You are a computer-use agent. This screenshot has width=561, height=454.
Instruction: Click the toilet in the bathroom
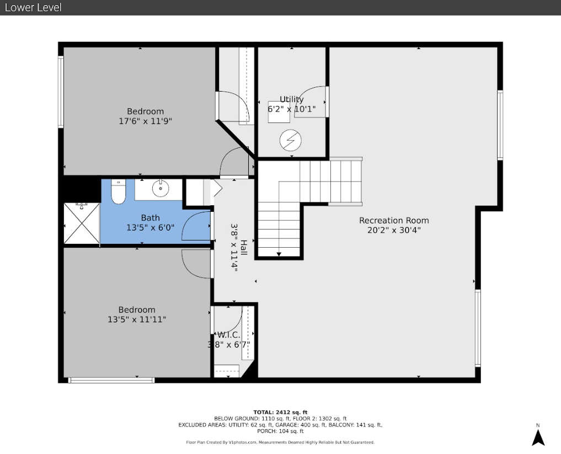click(118, 192)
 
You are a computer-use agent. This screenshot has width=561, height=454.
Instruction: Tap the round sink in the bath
click(161, 189)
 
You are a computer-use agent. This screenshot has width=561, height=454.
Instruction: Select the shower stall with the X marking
click(82, 223)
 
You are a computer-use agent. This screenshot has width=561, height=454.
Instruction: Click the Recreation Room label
click(394, 221)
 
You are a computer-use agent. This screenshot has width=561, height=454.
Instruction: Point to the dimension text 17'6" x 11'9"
click(145, 121)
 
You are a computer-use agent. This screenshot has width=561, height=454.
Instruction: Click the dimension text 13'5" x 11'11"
click(137, 319)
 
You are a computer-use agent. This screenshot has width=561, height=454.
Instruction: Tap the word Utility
click(292, 99)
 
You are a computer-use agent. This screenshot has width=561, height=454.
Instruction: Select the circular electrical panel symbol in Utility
click(291, 140)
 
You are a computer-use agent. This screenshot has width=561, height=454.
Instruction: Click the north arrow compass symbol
click(538, 437)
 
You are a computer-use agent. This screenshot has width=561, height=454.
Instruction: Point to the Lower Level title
click(33, 8)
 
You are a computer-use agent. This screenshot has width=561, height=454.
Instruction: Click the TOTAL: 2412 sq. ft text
click(280, 412)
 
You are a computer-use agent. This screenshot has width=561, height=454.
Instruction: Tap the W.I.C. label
click(228, 335)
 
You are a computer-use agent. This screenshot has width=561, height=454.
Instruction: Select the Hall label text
click(243, 248)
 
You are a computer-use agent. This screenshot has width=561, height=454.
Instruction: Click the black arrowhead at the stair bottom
click(279, 254)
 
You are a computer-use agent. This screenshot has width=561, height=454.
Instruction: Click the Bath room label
click(150, 218)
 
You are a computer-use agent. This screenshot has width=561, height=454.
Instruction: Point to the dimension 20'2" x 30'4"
click(394, 230)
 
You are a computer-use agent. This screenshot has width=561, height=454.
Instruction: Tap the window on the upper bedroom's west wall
click(61, 92)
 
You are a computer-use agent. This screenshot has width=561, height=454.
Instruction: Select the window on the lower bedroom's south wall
click(111, 380)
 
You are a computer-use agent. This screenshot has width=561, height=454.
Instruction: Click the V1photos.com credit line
click(280, 442)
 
